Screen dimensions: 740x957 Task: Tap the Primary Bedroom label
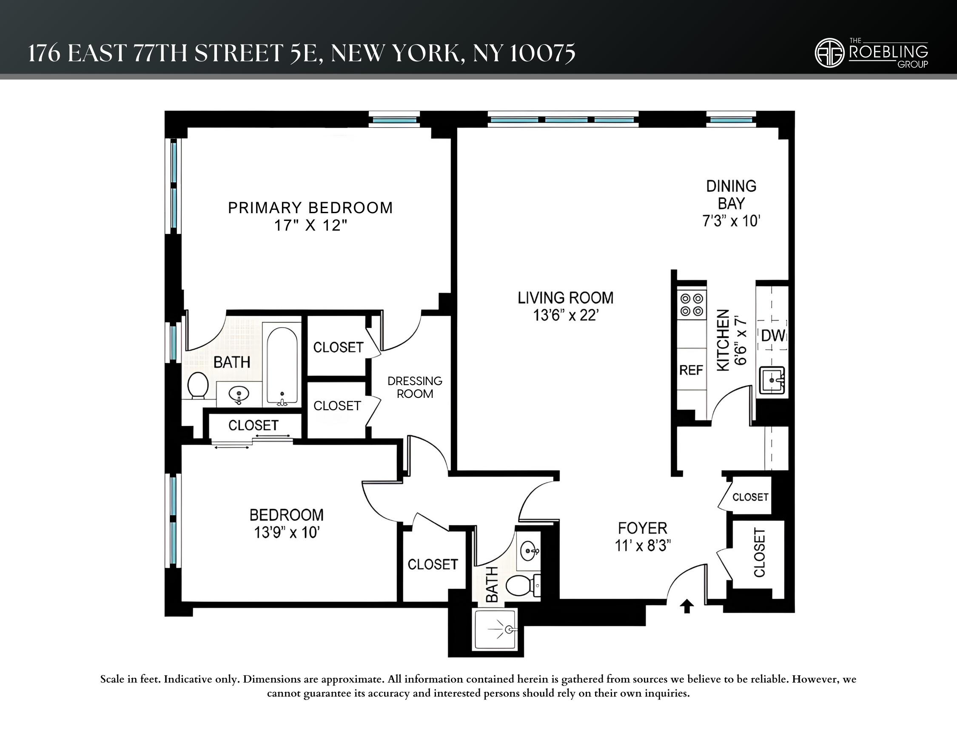tap(310, 208)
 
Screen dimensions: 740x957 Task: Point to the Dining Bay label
tap(731, 194)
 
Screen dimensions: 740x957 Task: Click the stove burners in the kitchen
tap(692, 305)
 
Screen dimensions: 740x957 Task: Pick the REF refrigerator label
tap(691, 371)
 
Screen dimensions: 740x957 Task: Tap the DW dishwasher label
tap(773, 336)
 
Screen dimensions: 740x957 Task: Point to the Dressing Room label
tap(415, 387)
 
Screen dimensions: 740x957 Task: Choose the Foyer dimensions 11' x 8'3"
tap(642, 546)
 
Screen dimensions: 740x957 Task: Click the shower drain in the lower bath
tap(508, 629)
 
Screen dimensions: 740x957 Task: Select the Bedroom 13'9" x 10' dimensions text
tap(287, 533)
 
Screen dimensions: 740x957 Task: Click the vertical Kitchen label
tap(723, 340)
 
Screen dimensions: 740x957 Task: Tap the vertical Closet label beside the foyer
tap(759, 553)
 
